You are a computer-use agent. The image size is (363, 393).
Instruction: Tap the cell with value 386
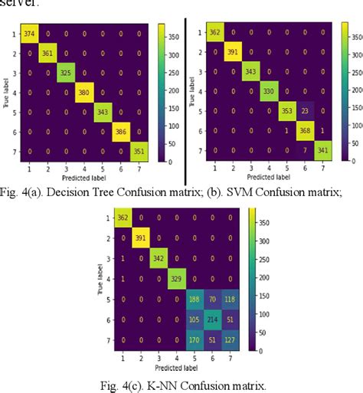(x=119, y=131)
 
